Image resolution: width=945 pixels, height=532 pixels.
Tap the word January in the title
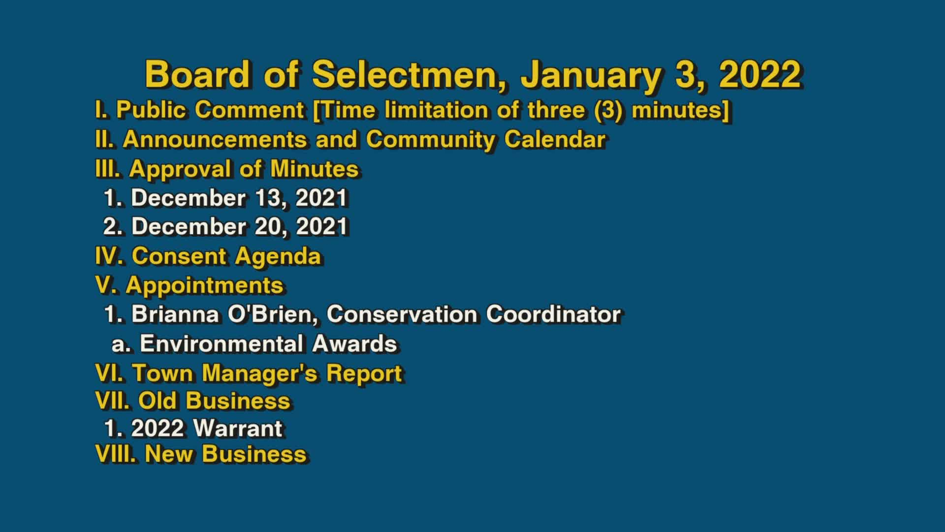click(591, 75)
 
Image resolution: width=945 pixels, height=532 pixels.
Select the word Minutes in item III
click(314, 169)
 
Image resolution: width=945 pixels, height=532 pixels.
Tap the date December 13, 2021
click(239, 198)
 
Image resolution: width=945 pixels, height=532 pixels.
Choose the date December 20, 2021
click(240, 227)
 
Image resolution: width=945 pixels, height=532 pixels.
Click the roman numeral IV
click(110, 256)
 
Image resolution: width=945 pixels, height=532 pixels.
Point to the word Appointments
click(204, 286)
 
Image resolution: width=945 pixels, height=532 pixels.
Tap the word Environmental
click(220, 344)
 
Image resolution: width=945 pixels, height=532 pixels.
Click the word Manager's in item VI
click(260, 373)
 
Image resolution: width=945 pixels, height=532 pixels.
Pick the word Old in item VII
click(157, 400)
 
